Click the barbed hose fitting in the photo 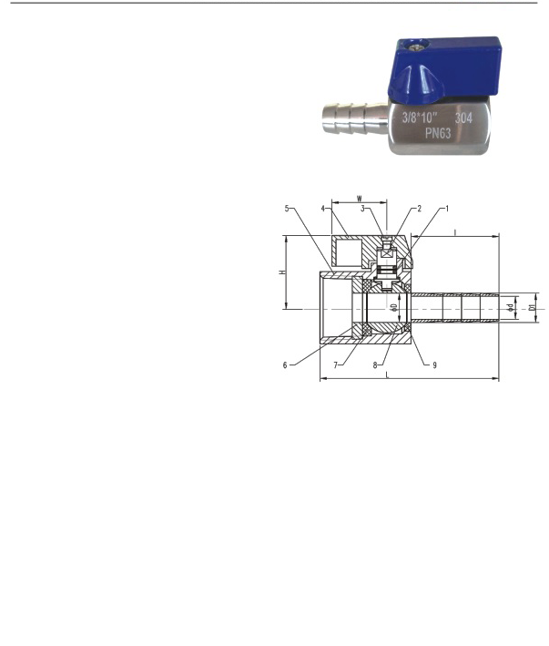pyautogui.click(x=355, y=119)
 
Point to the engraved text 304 pyautogui.click(x=463, y=118)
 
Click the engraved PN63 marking pyautogui.click(x=438, y=133)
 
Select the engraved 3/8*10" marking pyautogui.click(x=420, y=118)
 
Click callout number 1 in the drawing pyautogui.click(x=447, y=209)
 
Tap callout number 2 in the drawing pyautogui.click(x=420, y=209)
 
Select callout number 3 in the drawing pyautogui.click(x=362, y=209)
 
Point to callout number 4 pyautogui.click(x=323, y=209)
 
